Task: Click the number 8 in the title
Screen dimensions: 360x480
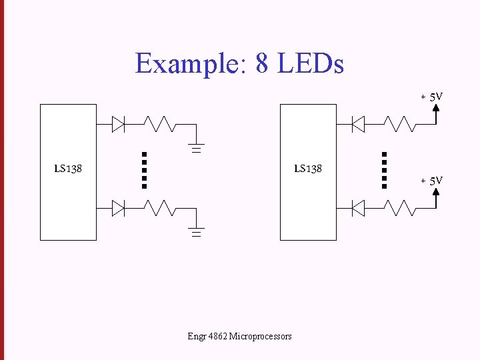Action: pyautogui.click(x=263, y=64)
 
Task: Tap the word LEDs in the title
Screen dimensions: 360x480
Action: pyautogui.click(x=311, y=64)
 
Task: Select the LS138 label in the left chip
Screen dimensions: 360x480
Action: pyautogui.click(x=68, y=169)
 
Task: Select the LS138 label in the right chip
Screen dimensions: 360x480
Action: pyautogui.click(x=308, y=169)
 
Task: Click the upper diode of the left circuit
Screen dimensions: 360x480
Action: pyautogui.click(x=119, y=124)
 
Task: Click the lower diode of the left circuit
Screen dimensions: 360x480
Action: pyautogui.click(x=119, y=209)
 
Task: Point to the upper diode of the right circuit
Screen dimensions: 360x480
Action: pyautogui.click(x=358, y=123)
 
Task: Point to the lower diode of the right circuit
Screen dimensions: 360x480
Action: pyautogui.click(x=358, y=209)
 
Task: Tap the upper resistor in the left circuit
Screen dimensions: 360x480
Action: pyautogui.click(x=160, y=124)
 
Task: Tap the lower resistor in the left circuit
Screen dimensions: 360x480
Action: pyautogui.click(x=160, y=209)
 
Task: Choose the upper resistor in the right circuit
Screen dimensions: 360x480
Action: pyautogui.click(x=400, y=123)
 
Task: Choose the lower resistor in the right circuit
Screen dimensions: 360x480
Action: pyautogui.click(x=400, y=209)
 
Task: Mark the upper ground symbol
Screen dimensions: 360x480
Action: pyautogui.click(x=196, y=147)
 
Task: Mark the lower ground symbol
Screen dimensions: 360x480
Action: pyautogui.click(x=196, y=232)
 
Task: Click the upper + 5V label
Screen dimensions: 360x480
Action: pyautogui.click(x=432, y=97)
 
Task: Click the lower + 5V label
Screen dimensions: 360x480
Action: pyautogui.click(x=432, y=181)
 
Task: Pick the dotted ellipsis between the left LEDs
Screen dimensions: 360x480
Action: pyautogui.click(x=144, y=170)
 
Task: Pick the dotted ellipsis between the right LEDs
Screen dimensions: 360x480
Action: pyautogui.click(x=384, y=170)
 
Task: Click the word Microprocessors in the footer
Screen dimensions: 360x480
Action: pyautogui.click(x=260, y=336)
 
